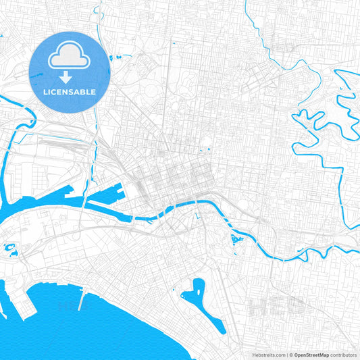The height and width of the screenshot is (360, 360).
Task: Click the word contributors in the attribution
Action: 344,354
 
